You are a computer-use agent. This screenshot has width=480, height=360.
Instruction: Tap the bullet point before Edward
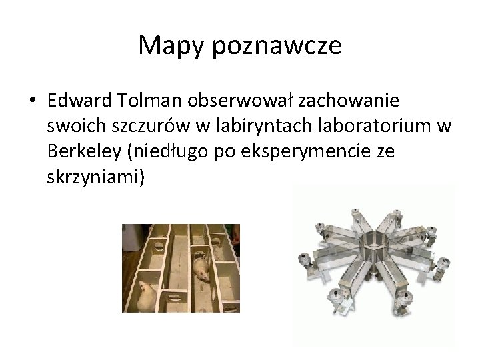pos(32,101)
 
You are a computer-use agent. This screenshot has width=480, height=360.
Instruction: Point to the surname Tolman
pos(145,101)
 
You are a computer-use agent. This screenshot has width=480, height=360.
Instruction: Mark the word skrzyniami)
pos(96,177)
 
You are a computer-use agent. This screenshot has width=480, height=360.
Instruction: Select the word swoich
pos(72,127)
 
